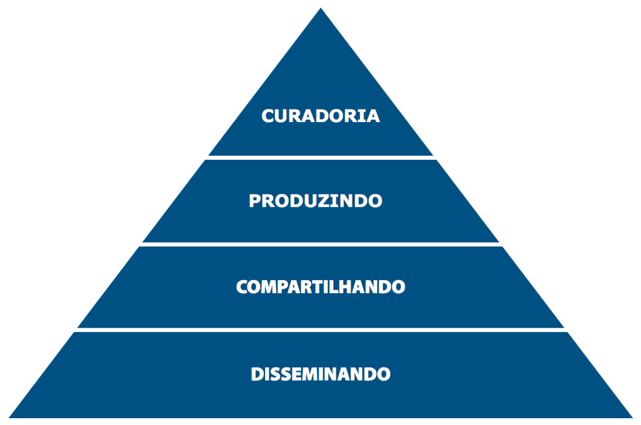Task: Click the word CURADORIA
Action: pyautogui.click(x=321, y=116)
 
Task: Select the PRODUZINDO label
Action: pyautogui.click(x=315, y=201)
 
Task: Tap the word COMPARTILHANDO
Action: pyautogui.click(x=321, y=287)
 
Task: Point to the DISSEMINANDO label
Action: pyautogui.click(x=321, y=374)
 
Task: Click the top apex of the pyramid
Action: pyautogui.click(x=321, y=8)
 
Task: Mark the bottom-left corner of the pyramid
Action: pyautogui.click(x=9, y=418)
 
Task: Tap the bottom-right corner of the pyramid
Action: pyautogui.click(x=632, y=418)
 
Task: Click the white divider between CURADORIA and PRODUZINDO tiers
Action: pyautogui.click(x=321, y=157)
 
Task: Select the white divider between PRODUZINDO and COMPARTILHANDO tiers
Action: pyautogui.click(x=321, y=244)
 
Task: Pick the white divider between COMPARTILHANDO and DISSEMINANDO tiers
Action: pyautogui.click(x=321, y=330)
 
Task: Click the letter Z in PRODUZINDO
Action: pyautogui.click(x=328, y=201)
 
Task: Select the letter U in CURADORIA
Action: pyautogui.click(x=282, y=116)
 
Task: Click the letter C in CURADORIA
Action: pyautogui.click(x=268, y=116)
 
